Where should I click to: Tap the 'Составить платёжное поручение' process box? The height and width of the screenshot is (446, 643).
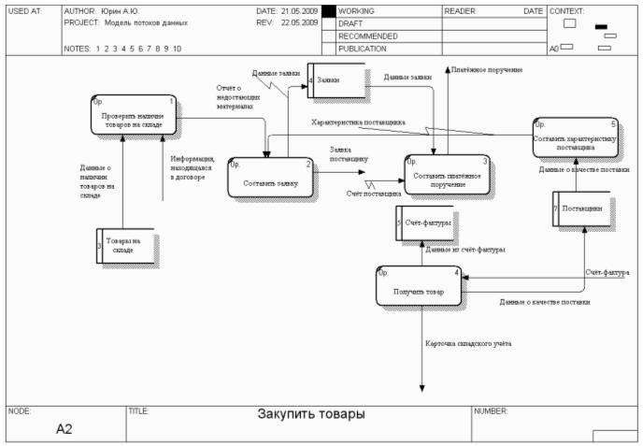(447, 174)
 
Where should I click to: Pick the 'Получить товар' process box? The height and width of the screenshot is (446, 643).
(419, 286)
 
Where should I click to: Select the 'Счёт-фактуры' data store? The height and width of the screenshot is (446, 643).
(425, 223)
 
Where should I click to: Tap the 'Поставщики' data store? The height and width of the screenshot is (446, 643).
(580, 208)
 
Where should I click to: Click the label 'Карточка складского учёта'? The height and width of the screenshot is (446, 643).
(468, 344)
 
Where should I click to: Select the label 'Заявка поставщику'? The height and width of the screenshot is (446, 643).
(349, 154)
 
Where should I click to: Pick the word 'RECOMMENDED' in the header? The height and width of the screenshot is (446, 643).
(370, 36)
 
